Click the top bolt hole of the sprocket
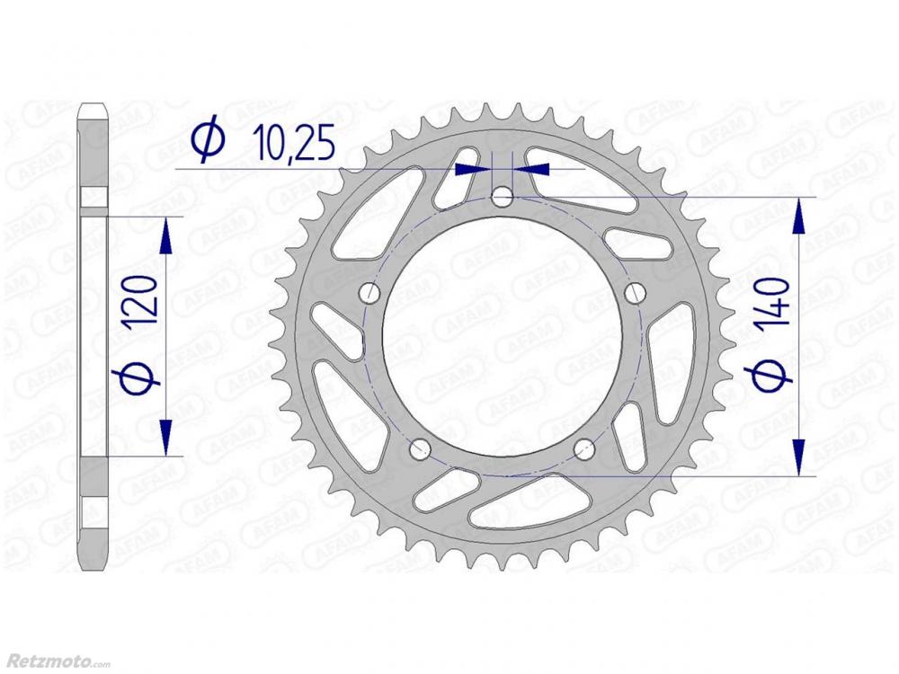(503, 197)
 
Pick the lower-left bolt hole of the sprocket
(421, 449)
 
